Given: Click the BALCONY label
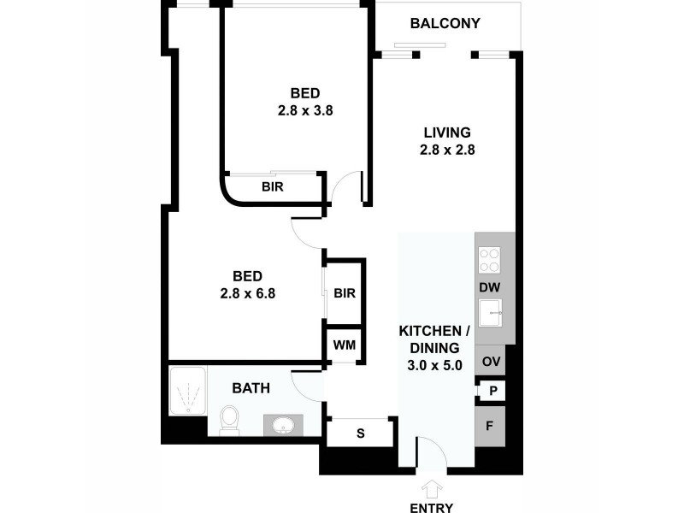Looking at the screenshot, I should click(445, 23).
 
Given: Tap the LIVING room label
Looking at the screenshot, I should click(447, 133).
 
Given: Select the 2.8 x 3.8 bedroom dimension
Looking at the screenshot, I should click(304, 110).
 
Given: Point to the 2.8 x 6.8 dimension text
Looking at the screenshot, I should click(247, 292).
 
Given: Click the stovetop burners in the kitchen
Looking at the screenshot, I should click(490, 259).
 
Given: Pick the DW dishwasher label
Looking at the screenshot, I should click(490, 287).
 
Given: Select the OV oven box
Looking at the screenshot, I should click(491, 361).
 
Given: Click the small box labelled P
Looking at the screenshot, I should click(492, 391).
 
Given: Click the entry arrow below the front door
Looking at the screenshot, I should click(432, 488).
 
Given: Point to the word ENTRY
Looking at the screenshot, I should click(432, 507).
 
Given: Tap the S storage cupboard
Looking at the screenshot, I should click(360, 433).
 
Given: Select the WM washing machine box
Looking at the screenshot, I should click(345, 345).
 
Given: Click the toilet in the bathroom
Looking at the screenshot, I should click(229, 419).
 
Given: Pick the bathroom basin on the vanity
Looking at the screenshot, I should click(283, 424).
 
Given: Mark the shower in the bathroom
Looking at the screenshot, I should click(187, 392).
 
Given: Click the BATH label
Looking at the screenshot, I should click(251, 388).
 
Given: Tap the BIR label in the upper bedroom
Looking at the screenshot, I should click(273, 186).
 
